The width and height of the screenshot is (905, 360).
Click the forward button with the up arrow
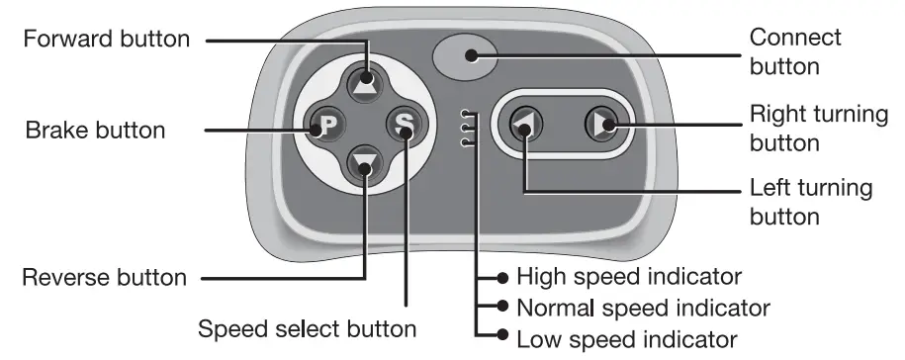pyautogui.click(x=365, y=82)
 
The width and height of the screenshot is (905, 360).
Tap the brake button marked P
pyautogui.click(x=325, y=126)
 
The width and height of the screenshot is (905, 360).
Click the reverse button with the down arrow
pyautogui.click(x=365, y=165)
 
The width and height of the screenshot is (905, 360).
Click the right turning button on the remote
pyautogui.click(x=599, y=123)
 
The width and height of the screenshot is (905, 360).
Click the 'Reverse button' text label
pyautogui.click(x=104, y=278)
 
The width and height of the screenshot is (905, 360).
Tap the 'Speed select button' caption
pyautogui.click(x=307, y=327)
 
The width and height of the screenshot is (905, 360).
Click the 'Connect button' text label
pyautogui.click(x=795, y=52)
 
